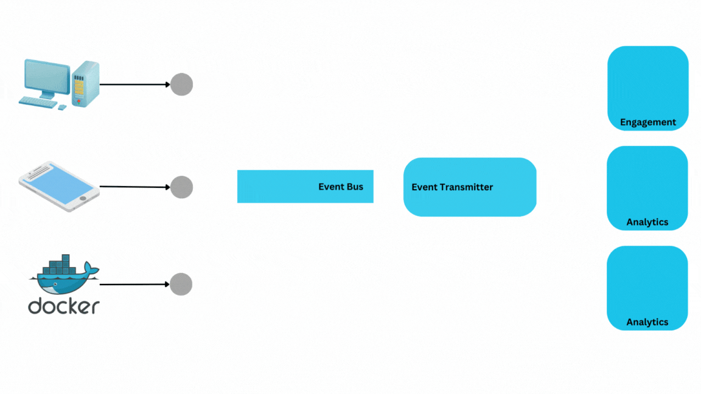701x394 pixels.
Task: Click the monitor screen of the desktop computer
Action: [x=47, y=76]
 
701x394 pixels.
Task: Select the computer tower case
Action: [x=85, y=83]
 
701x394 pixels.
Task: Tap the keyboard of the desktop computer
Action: [x=38, y=102]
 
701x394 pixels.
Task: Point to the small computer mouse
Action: [x=62, y=107]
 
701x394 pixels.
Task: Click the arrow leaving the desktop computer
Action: [x=134, y=85]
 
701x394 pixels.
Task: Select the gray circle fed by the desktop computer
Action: [x=181, y=85]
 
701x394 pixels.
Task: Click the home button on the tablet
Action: [x=83, y=198]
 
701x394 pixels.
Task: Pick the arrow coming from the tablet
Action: [x=134, y=187]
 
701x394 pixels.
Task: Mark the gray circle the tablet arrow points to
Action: [x=181, y=187]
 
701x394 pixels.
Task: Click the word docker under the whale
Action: [x=63, y=306]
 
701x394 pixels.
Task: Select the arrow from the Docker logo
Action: [x=134, y=284]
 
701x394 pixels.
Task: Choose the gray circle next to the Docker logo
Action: [x=181, y=284]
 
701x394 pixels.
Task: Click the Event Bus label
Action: [x=341, y=187]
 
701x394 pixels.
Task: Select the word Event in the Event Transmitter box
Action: [x=422, y=187]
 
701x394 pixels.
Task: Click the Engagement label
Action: [x=648, y=122]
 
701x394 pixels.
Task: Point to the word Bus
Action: [x=355, y=187]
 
